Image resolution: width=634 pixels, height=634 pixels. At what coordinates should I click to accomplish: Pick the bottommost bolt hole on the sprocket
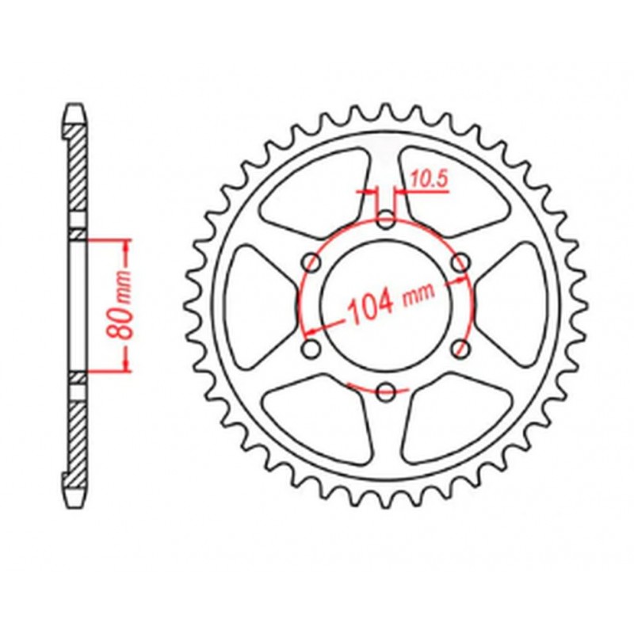[x=386, y=391]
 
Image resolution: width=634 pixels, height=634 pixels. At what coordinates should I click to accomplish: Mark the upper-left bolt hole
[x=311, y=262]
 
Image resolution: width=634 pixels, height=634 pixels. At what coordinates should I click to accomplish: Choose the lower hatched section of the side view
[x=75, y=440]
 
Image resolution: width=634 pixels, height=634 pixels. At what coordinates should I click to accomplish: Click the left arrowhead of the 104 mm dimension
[x=311, y=330]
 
